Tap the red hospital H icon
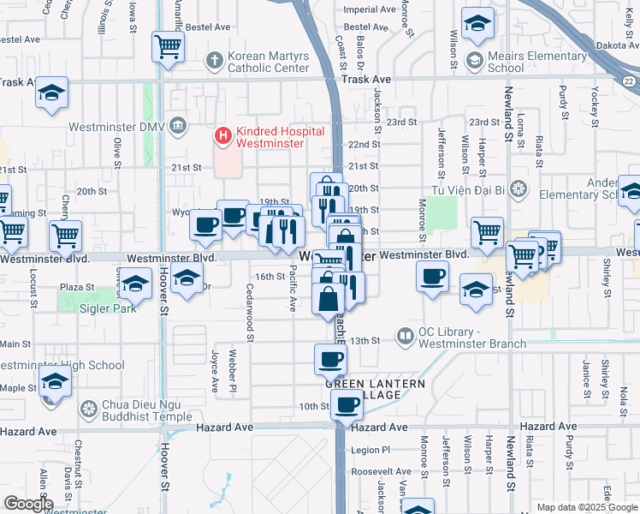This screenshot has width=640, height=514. coord(222,135)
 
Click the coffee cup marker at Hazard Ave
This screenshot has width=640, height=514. coord(347,403)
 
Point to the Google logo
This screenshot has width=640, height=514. coord(28,504)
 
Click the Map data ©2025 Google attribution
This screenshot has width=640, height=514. coord(586,507)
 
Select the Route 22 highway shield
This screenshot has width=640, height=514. coord(629,81)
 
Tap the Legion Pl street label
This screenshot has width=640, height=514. coord(370,450)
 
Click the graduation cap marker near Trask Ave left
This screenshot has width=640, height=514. coord(51,93)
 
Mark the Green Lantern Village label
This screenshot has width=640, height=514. coord(375,389)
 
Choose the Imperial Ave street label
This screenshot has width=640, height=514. coord(369,9)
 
